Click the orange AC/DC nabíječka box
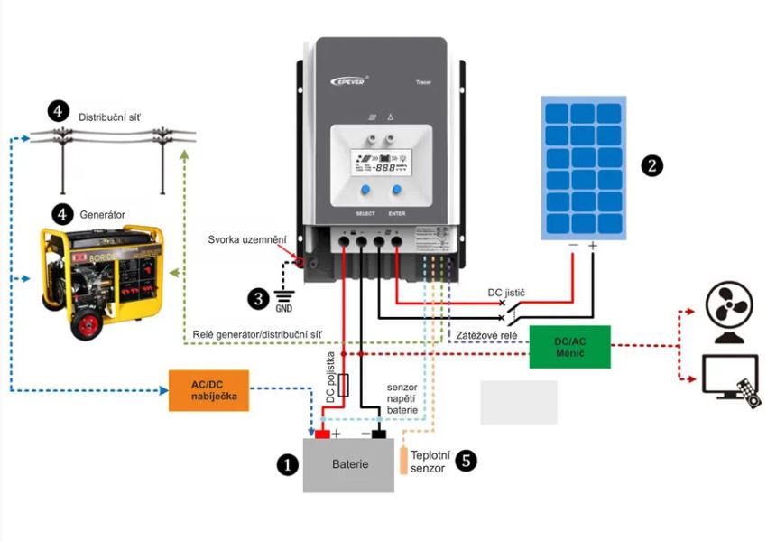coord(208,390)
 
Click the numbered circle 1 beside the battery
coord(286,464)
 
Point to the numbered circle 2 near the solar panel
coord(651,165)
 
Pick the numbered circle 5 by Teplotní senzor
coord(466,461)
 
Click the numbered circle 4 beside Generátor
coord(60,214)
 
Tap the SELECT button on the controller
coord(365,192)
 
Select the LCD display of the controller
coord(381,165)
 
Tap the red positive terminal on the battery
coord(322,435)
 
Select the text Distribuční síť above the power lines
coord(109,117)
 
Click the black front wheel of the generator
coord(88,321)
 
